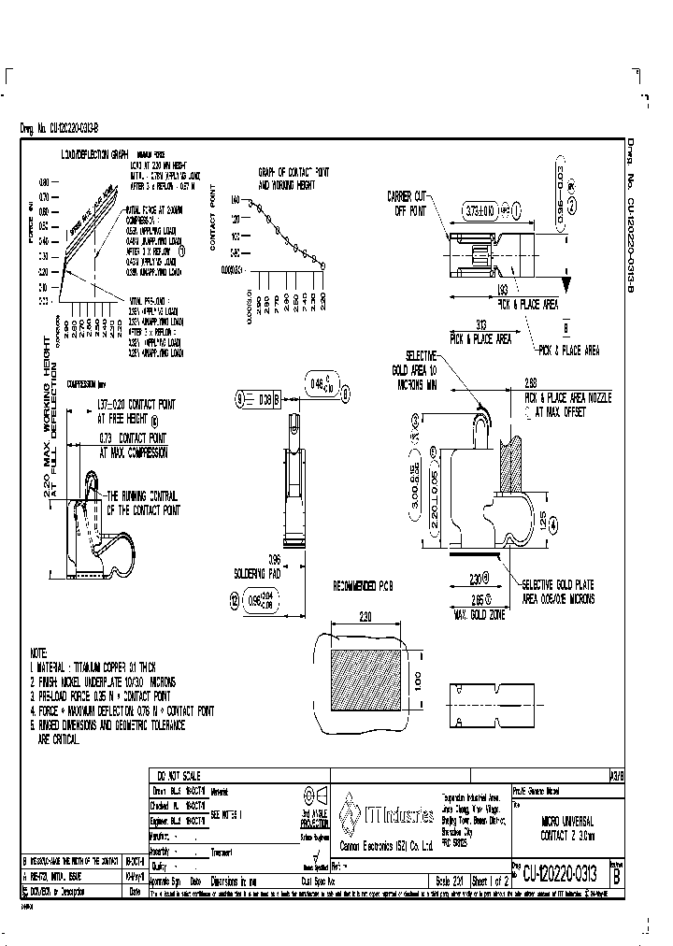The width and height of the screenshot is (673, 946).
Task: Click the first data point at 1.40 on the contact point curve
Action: [x=250, y=200]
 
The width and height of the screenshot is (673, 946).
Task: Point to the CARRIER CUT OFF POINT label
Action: [x=407, y=203]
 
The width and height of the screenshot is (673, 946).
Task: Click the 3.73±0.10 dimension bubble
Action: [x=482, y=211]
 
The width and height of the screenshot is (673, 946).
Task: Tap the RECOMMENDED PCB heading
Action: [x=365, y=586]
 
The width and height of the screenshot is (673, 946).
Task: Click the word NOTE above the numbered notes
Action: [x=38, y=652]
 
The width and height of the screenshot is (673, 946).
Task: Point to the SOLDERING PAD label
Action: [x=256, y=573]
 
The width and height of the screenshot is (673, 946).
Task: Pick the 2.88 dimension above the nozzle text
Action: [x=531, y=382]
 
